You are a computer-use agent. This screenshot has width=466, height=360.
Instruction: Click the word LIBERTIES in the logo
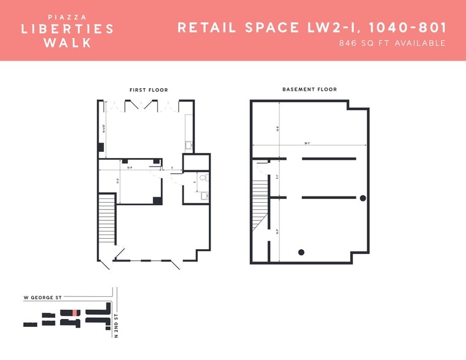[67, 29]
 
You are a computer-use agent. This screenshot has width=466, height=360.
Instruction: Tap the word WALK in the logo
[67, 43]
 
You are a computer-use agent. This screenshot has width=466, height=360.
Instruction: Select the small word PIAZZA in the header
[67, 17]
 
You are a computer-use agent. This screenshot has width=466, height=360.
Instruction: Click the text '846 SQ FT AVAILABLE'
[392, 43]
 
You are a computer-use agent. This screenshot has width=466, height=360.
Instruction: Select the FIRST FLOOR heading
[148, 90]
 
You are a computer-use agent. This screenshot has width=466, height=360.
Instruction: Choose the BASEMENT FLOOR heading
[309, 89]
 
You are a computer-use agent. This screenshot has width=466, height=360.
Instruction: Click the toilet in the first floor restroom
[203, 178]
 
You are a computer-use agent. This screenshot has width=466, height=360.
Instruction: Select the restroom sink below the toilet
[205, 195]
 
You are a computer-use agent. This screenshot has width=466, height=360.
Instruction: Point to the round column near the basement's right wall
[363, 198]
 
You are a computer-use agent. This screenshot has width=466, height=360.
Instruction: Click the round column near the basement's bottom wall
[301, 252]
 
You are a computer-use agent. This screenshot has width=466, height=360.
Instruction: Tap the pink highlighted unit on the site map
[75, 313]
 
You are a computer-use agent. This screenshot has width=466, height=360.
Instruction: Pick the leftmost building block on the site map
[30, 324]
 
